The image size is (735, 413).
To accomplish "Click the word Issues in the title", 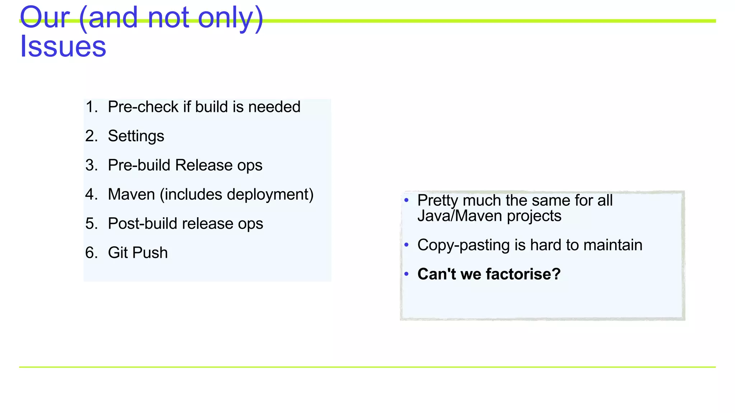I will (63, 47).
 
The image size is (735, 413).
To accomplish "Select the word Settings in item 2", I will (136, 136).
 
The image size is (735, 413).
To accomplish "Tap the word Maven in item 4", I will (131, 194).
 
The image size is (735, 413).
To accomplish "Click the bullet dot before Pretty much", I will (406, 200).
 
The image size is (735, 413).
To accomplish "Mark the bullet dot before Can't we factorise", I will (406, 274).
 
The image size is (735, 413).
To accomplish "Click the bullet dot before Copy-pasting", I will (406, 245).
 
